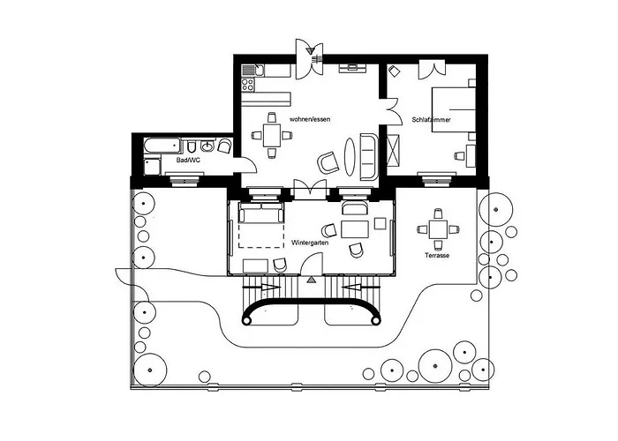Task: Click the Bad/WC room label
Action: (188, 161)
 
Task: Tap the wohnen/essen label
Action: (310, 119)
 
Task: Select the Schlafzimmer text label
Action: (431, 119)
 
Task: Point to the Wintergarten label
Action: (310, 243)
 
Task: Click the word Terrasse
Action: (437, 256)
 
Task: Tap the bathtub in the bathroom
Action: (162, 146)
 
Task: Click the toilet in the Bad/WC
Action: (192, 146)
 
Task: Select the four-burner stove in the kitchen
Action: (248, 85)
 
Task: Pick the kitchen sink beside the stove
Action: (253, 71)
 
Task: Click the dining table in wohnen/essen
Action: (272, 135)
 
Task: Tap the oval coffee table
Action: (350, 156)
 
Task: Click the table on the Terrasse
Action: (438, 229)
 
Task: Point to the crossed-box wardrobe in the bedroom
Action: (394, 151)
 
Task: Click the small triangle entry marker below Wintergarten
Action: (312, 280)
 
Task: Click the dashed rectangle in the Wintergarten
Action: (261, 235)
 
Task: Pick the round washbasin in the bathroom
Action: (207, 146)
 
